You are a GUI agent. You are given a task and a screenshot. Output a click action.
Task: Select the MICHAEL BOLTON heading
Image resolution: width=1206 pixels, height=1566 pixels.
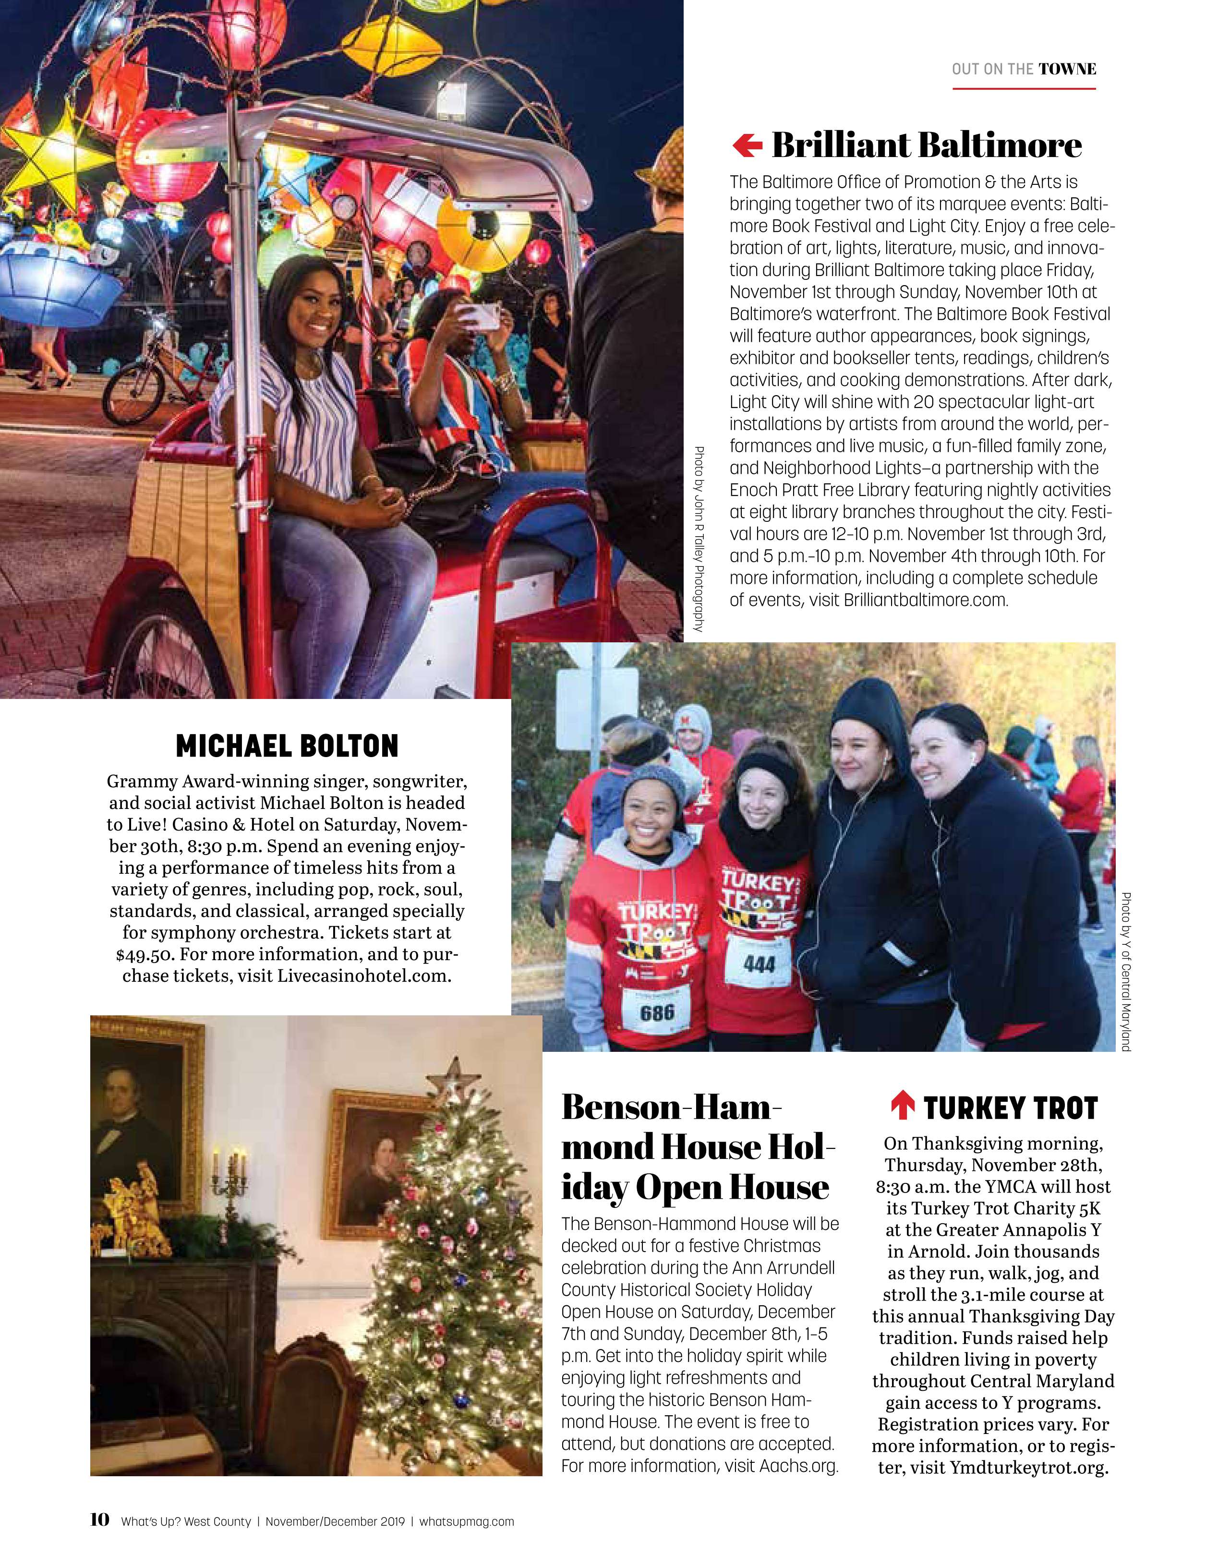pos(287,746)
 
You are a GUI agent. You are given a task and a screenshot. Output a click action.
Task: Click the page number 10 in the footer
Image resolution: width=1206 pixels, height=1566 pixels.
pos(100,1518)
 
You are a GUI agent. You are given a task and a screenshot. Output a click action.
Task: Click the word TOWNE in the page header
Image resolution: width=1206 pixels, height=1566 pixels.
pos(1067,70)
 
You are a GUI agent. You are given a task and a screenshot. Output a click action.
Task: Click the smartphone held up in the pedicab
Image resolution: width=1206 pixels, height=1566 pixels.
pos(480,315)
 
